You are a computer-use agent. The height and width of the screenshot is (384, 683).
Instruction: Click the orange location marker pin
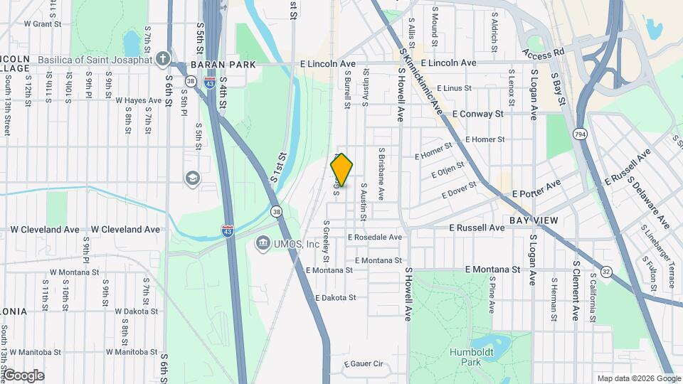pos(342,170)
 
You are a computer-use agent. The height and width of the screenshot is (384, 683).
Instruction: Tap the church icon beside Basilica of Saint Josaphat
pos(164,59)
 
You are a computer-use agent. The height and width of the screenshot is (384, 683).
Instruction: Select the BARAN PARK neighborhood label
pos(213,64)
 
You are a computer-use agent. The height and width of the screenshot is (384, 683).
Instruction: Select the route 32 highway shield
pos(605,271)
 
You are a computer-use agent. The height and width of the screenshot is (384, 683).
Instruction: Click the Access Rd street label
pos(542,53)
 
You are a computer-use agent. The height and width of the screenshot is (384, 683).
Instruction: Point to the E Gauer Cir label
pos(363,364)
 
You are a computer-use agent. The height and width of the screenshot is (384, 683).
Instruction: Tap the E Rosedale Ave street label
pos(375,237)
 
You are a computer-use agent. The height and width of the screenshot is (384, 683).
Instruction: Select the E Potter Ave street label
pos(536,190)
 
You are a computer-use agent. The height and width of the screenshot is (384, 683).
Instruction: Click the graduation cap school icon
pos(192,177)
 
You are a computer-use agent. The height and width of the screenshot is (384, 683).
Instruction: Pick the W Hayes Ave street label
pos(139,100)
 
